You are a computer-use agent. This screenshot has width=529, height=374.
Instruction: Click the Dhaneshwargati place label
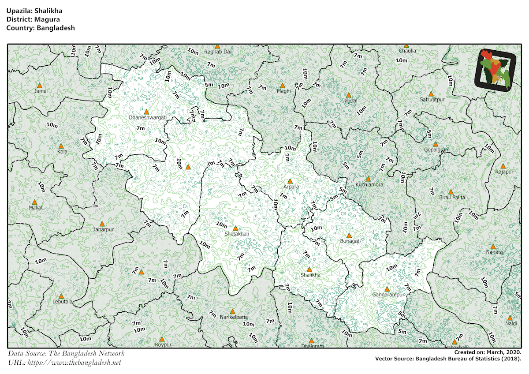tap(147, 118)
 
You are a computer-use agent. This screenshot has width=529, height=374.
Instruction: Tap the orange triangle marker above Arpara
tap(290, 181)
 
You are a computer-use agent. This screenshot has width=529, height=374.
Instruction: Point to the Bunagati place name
tap(350, 241)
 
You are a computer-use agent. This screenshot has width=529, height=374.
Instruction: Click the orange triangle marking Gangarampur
tap(387, 289)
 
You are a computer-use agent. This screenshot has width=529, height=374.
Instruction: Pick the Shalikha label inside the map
tap(310, 275)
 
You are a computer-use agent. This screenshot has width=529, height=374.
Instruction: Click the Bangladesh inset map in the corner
tap(495, 71)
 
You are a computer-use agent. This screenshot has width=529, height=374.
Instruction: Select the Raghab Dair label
tap(219, 52)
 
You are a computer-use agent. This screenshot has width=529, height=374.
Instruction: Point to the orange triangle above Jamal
tap(40, 86)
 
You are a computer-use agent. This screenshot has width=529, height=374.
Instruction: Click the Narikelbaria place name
tap(234, 317)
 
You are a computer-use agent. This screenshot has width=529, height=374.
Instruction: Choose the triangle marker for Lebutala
tap(61, 296)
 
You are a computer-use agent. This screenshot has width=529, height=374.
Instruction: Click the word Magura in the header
tap(41, 19)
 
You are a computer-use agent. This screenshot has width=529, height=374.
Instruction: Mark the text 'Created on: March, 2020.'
tap(488, 352)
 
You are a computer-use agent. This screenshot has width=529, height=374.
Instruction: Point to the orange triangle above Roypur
tap(162, 339)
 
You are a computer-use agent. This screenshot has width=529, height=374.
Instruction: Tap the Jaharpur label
tap(103, 230)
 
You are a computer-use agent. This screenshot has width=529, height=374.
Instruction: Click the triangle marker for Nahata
tap(493, 247)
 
